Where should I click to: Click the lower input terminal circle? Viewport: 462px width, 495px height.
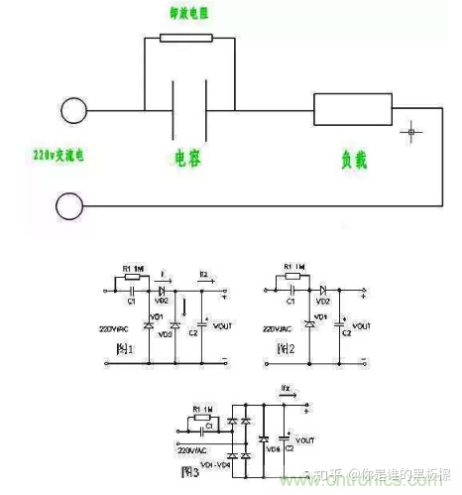click(x=71, y=206)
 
